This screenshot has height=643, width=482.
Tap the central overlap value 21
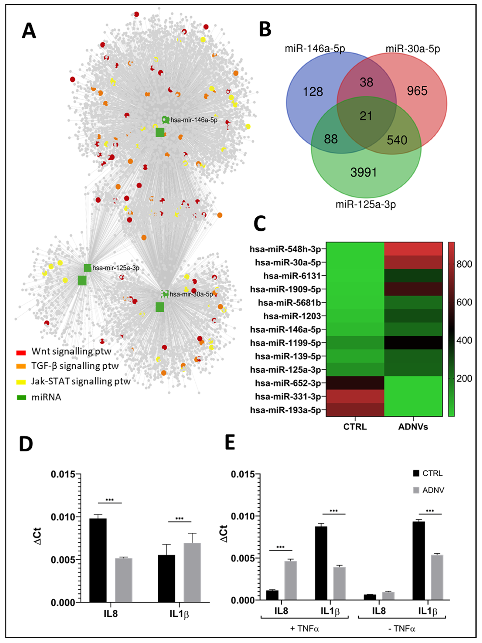366,116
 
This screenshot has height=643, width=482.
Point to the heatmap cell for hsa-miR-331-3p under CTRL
355,397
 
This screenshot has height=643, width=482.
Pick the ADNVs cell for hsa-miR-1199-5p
413,343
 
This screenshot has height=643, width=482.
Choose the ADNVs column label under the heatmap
413,427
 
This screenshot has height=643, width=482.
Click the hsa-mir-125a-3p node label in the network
116,268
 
